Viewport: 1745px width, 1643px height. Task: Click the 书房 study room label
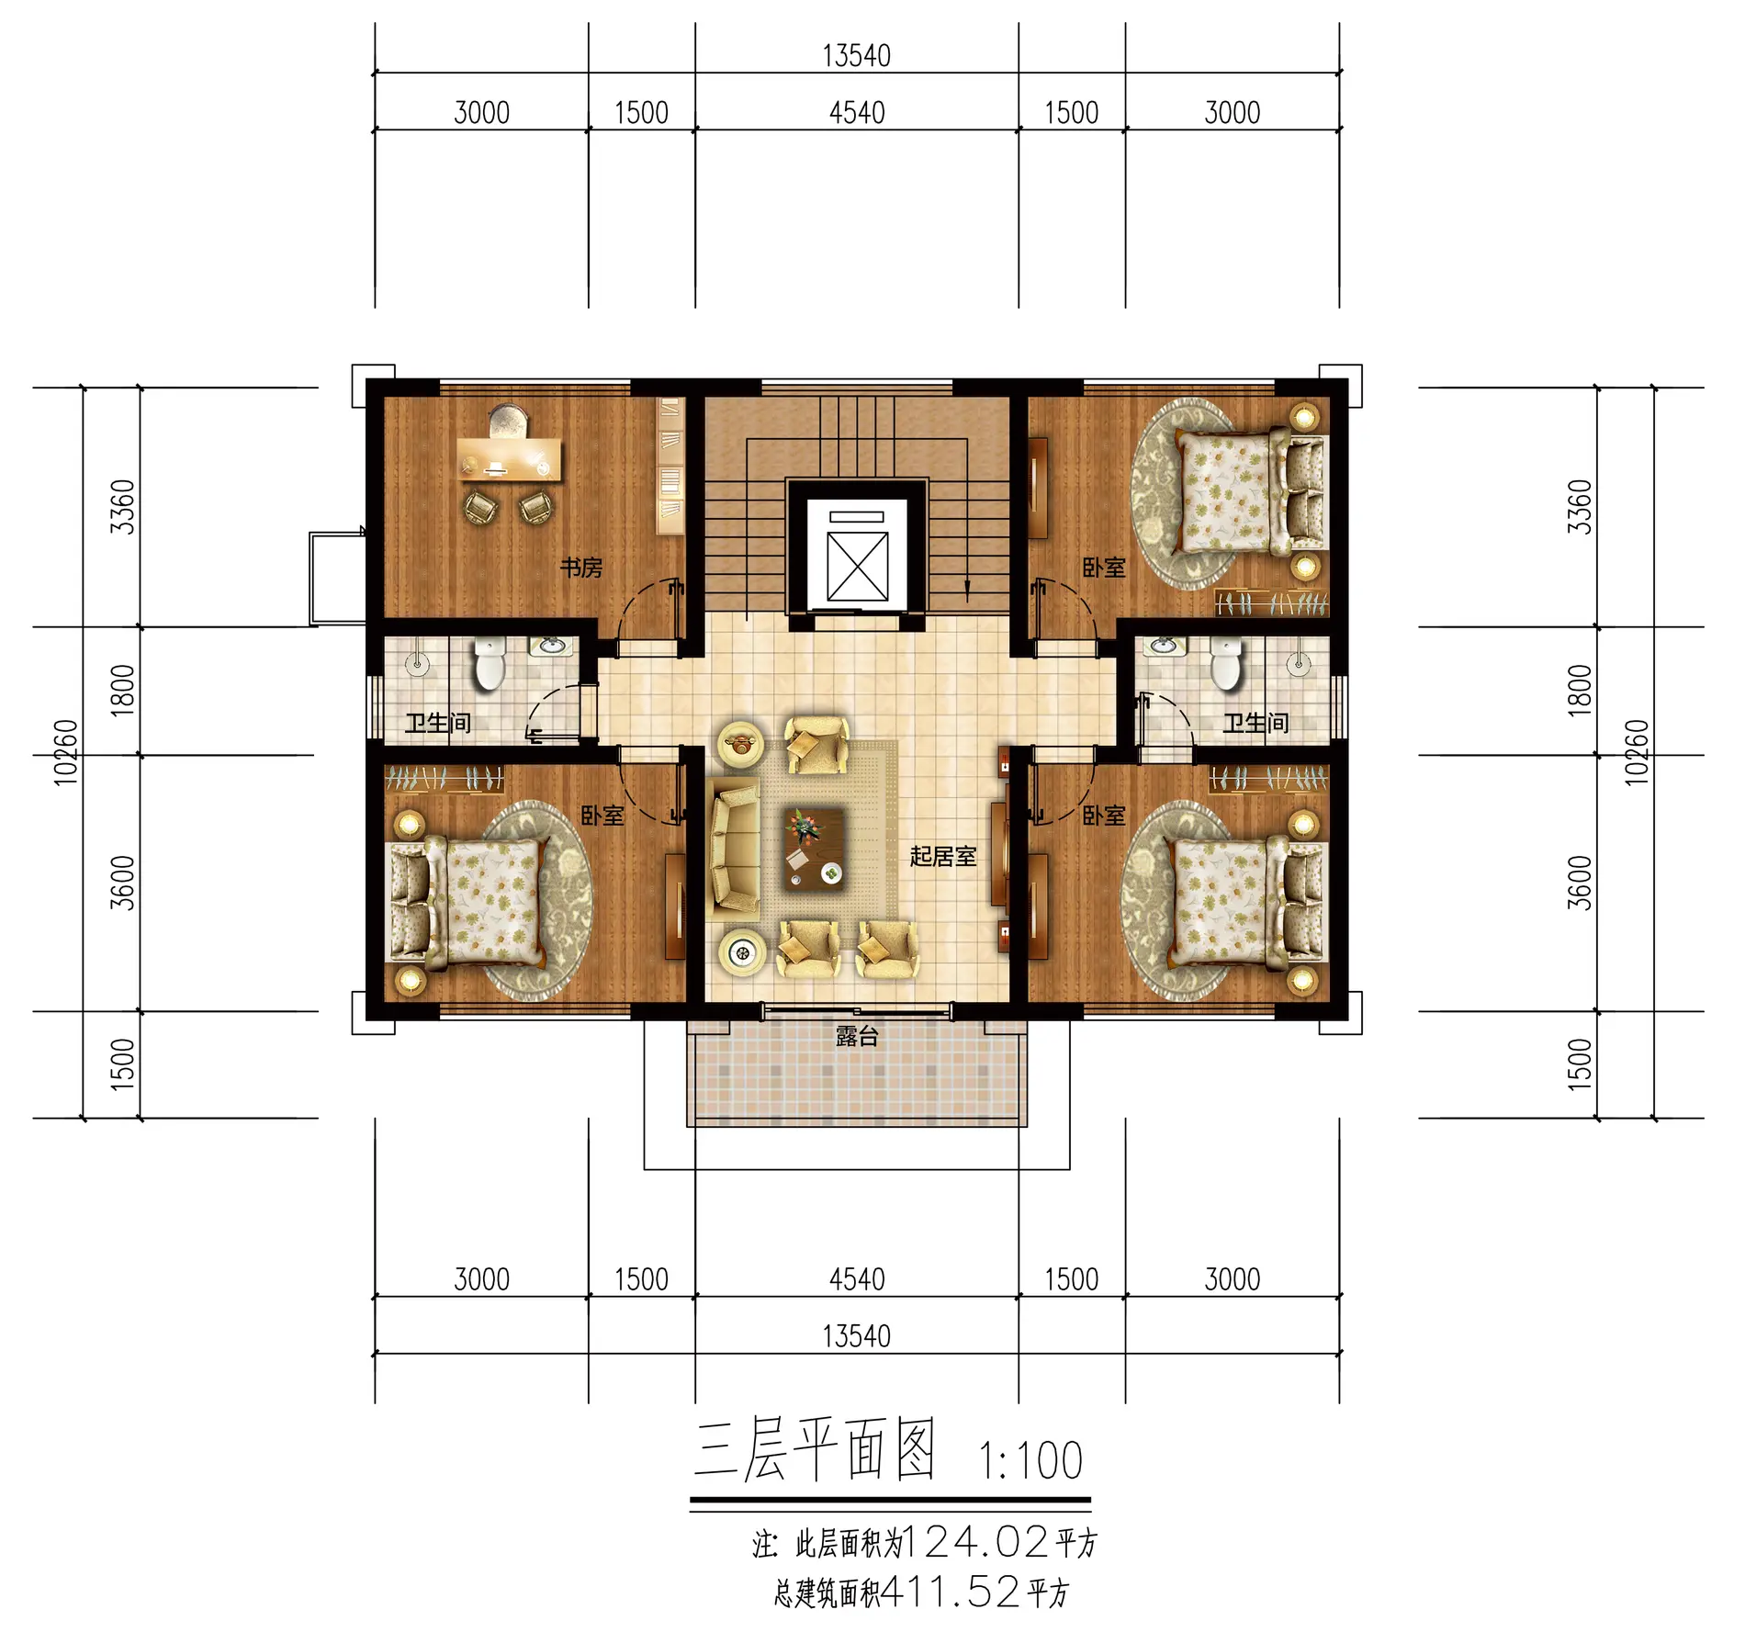[x=581, y=568]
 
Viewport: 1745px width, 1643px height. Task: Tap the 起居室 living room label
[x=942, y=856]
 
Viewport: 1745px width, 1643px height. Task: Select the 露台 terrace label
[x=857, y=1036]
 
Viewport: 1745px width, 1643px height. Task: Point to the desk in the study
[x=510, y=459]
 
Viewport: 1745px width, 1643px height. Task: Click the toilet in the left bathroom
[x=490, y=663]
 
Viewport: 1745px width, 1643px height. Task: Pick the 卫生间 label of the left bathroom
[x=438, y=723]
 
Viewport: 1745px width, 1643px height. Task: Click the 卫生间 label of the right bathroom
[x=1255, y=723]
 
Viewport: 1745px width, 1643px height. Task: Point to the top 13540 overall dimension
[x=856, y=56]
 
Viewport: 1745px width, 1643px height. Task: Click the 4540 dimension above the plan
[x=857, y=113]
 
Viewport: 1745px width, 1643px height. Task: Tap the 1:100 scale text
[x=1030, y=1461]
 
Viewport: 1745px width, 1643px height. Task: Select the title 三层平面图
[x=815, y=1448]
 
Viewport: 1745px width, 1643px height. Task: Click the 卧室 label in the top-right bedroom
[x=1104, y=568]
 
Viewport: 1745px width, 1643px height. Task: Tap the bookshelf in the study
[x=670, y=465]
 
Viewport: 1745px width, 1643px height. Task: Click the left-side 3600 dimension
[x=122, y=883]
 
